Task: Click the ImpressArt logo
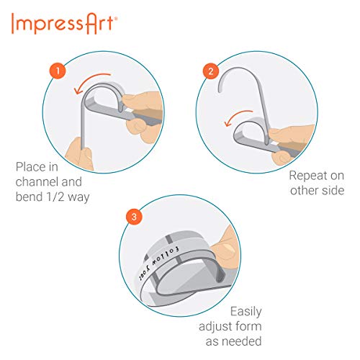point(66,24)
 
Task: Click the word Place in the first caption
point(30,167)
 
